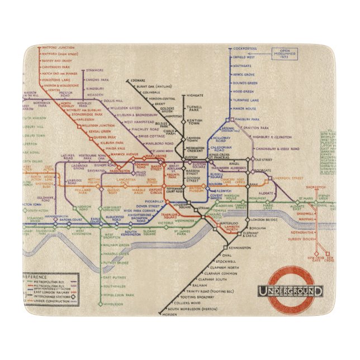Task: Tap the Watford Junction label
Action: point(56,49)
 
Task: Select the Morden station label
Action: point(169,314)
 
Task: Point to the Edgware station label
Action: point(138,81)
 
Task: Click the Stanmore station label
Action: point(94,70)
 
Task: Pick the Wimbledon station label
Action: point(113,304)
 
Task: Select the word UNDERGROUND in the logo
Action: point(290,291)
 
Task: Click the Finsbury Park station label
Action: point(247,119)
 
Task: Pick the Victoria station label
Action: point(165,223)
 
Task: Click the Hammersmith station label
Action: point(56,215)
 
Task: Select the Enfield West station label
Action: point(244,57)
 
